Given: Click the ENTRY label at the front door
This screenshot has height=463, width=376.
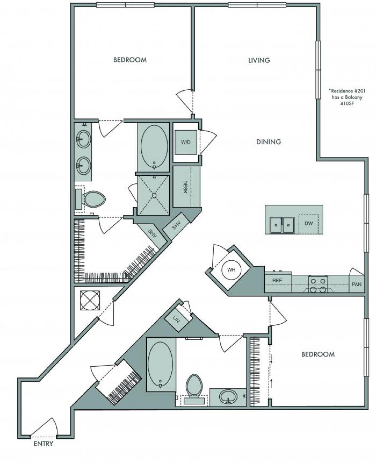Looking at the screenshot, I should point(43,444).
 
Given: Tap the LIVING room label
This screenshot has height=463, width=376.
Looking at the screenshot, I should point(259,60).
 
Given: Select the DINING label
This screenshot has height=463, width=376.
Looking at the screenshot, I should point(269,142).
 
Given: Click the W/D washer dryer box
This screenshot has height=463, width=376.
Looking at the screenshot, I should point(185,142).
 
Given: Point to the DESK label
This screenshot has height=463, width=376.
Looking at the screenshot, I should point(185,187).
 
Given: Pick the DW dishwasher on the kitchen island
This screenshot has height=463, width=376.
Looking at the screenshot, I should point(308,224).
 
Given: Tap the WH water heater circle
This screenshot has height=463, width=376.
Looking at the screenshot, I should point(231,270).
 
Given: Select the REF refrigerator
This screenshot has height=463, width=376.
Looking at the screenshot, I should point(277,281).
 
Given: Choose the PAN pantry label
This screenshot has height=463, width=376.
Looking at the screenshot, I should point(357,285).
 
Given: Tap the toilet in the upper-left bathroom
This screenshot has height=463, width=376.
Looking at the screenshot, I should point(94,199).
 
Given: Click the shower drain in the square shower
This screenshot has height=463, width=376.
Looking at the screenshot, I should point(154,195).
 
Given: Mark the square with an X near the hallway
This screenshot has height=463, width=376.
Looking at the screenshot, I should point(90,301).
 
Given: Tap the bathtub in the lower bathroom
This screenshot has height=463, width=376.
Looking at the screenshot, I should point(160,364).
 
